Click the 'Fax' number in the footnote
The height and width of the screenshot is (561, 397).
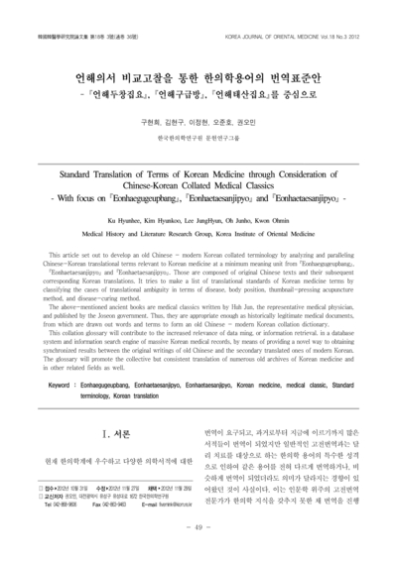[x=107, y=505]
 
